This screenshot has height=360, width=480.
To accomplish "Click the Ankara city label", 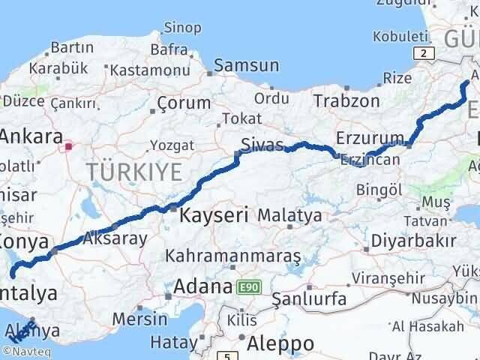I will pyautogui.click(x=31, y=137).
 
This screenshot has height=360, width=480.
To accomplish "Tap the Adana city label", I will pyautogui.click(x=202, y=286).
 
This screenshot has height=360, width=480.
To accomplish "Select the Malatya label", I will pyautogui.click(x=289, y=215).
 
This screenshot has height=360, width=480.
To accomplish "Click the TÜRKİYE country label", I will pyautogui.click(x=133, y=172).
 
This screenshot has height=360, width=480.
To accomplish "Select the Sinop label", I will pyautogui.click(x=182, y=28).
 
